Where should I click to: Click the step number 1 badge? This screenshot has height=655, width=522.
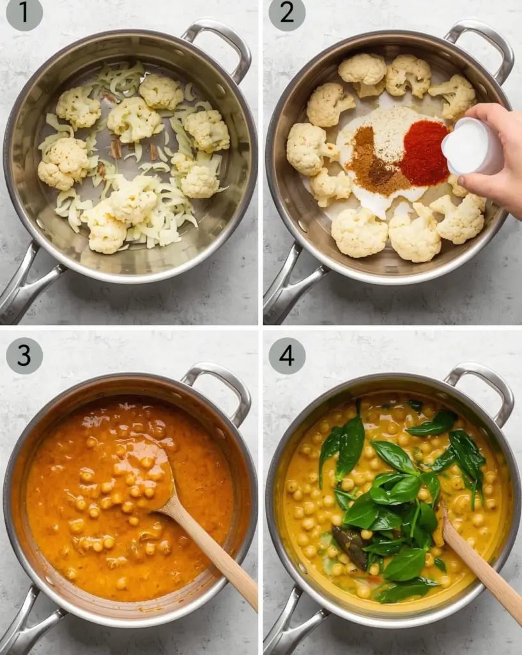[x=24, y=13]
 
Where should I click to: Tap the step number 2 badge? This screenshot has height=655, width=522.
[x=287, y=13]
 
